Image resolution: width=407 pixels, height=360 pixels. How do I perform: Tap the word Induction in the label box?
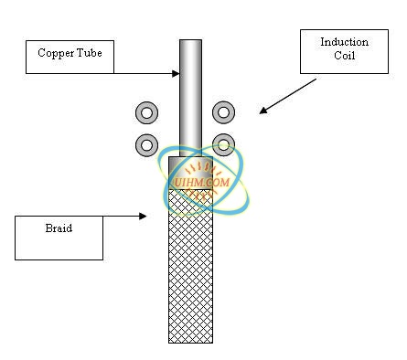344,42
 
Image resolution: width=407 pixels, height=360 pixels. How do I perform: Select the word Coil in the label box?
344,56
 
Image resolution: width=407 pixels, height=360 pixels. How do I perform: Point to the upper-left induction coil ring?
146,112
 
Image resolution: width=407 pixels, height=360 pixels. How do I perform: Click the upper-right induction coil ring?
223,112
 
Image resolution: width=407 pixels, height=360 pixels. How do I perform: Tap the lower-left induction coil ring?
146,143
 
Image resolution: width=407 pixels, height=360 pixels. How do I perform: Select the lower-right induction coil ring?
223,143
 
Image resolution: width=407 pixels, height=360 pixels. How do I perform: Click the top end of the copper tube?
190,42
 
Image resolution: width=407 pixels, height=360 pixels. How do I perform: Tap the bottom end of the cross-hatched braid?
190,339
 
